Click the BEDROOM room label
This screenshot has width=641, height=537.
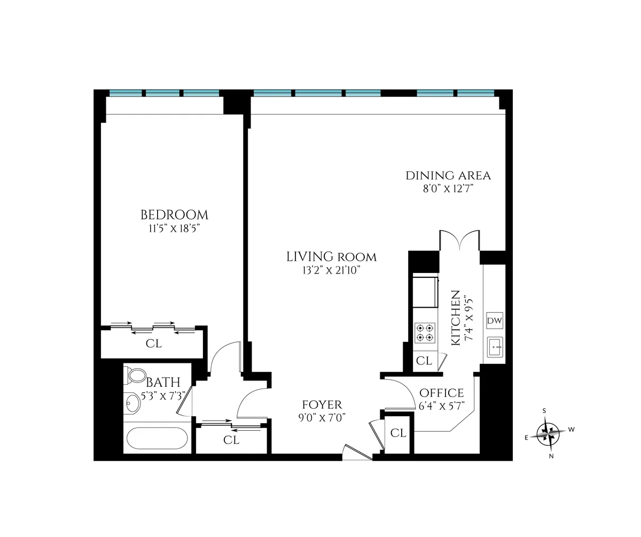[174, 215]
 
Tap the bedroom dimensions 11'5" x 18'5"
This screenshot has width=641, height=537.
[174, 228]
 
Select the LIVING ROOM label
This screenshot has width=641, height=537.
[331, 257]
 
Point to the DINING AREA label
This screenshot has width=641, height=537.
[448, 175]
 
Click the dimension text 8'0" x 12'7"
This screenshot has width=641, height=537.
[448, 189]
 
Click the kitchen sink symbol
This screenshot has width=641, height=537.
[495, 348]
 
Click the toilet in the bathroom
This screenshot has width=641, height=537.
[136, 375]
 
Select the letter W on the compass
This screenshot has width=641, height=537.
[571, 429]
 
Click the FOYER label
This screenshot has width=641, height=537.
[322, 405]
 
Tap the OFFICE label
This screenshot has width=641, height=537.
[441, 393]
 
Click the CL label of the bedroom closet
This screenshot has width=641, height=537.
[153, 344]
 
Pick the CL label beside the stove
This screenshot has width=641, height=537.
[424, 361]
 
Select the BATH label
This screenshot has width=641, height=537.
[163, 383]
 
